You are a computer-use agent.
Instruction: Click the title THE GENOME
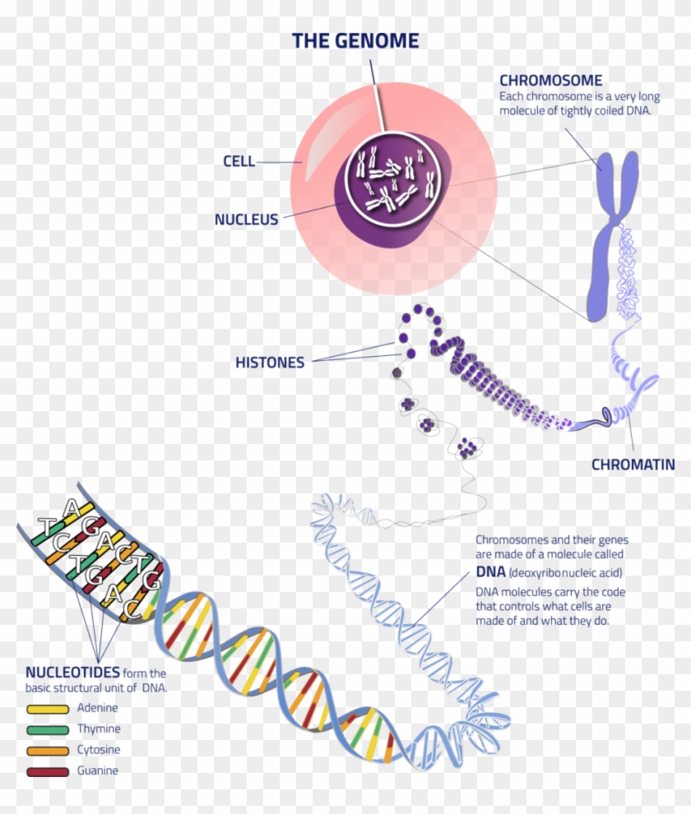[355, 41]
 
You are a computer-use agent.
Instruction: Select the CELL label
[239, 161]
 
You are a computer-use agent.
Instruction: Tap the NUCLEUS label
[246, 220]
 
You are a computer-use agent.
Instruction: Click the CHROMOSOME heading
[550, 81]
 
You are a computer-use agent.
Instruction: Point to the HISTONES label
[269, 363]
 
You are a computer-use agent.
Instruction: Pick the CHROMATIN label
[632, 465]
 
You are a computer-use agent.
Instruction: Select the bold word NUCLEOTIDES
[72, 671]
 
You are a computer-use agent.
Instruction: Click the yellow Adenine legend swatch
[48, 708]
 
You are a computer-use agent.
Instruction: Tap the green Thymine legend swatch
[48, 729]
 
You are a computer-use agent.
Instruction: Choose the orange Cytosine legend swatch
[48, 751]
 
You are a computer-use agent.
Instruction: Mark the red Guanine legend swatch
[48, 772]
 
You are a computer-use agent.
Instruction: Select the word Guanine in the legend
[98, 771]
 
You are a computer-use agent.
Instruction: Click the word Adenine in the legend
[98, 708]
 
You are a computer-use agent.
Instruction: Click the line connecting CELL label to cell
[280, 162]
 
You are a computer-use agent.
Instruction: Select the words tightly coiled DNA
[605, 111]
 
